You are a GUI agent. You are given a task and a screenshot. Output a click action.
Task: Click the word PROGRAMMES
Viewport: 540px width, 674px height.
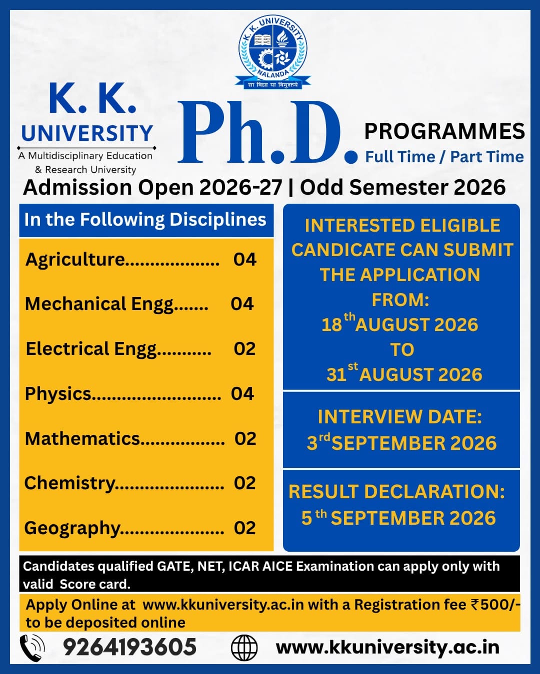(444, 131)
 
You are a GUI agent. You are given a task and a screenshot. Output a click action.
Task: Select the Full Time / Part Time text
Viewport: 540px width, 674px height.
(444, 157)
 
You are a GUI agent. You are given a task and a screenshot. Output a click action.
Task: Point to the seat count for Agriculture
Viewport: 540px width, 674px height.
(244, 259)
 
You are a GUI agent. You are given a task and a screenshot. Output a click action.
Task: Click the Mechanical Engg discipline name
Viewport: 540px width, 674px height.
(99, 305)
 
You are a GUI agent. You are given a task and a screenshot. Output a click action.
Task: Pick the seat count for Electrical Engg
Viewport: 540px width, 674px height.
(244, 348)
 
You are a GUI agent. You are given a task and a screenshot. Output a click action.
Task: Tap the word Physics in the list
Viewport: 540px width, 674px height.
(58, 394)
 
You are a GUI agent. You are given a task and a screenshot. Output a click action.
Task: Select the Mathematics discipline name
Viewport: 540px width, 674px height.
(82, 438)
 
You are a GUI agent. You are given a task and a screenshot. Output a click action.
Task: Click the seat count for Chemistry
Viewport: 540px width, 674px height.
(244, 483)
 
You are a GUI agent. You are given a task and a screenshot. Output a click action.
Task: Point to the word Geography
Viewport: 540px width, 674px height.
(72, 528)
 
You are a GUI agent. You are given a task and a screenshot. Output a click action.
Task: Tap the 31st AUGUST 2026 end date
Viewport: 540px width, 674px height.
(404, 373)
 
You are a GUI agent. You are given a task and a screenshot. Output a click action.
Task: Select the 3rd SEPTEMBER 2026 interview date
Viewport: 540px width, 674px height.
(401, 442)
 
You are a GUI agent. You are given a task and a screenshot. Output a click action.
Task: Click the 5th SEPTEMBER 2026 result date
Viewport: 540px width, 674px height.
(398, 517)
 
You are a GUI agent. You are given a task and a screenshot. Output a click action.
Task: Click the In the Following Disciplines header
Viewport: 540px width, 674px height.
(145, 219)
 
